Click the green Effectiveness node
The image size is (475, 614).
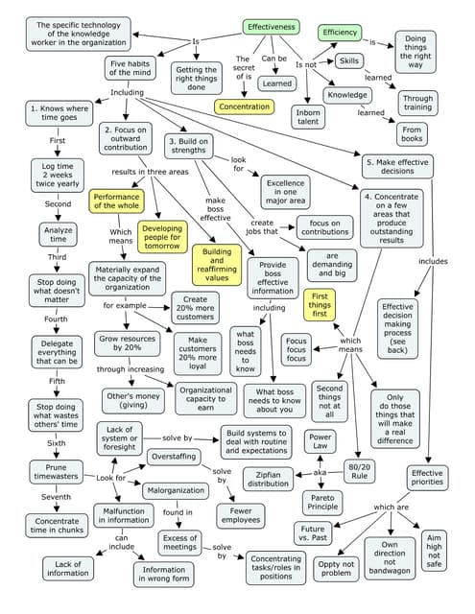point(272,28)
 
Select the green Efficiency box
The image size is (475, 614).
point(339,33)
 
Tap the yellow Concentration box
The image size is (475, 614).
point(244,106)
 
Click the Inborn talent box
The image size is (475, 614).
point(308,116)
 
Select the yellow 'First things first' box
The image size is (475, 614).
point(319,305)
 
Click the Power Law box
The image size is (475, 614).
point(320,441)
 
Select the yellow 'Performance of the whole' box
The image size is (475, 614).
point(116,201)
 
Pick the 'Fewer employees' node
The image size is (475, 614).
point(240,515)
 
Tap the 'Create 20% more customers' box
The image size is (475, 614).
point(195,308)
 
